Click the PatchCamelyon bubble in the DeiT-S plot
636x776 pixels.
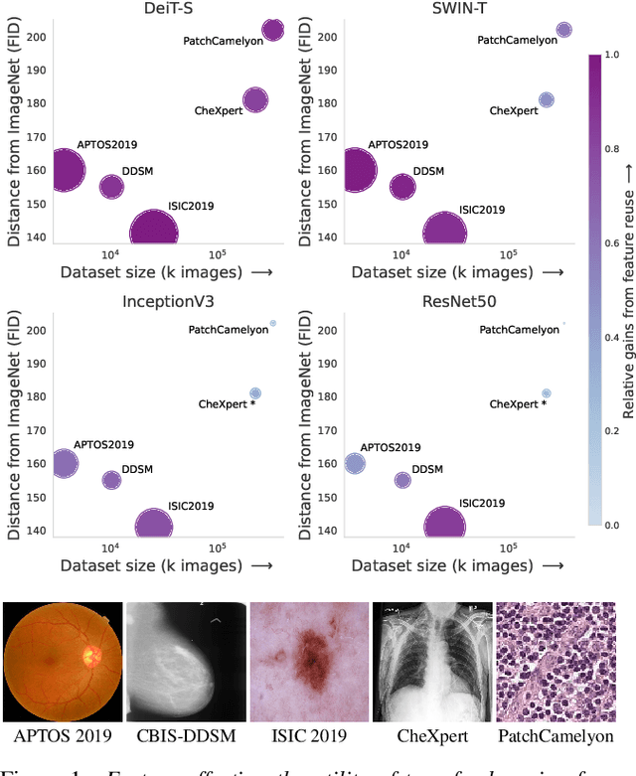click(272, 31)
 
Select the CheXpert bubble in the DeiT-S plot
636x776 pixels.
click(255, 100)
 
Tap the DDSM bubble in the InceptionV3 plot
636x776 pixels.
click(111, 480)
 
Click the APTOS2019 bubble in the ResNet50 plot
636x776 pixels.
click(356, 463)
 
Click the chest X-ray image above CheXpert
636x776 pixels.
click(431, 662)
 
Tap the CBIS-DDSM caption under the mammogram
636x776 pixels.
click(185, 735)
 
